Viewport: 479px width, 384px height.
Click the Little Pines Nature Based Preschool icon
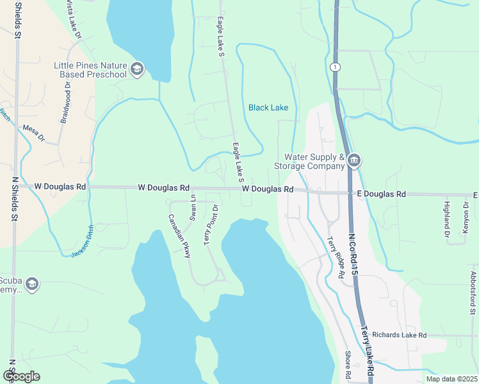(x=136, y=69)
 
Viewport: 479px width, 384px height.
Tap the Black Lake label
(x=268, y=108)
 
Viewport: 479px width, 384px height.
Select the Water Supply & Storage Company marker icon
(x=354, y=160)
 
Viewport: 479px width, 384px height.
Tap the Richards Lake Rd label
(x=399, y=335)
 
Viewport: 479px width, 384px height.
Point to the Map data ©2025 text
(x=451, y=379)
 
